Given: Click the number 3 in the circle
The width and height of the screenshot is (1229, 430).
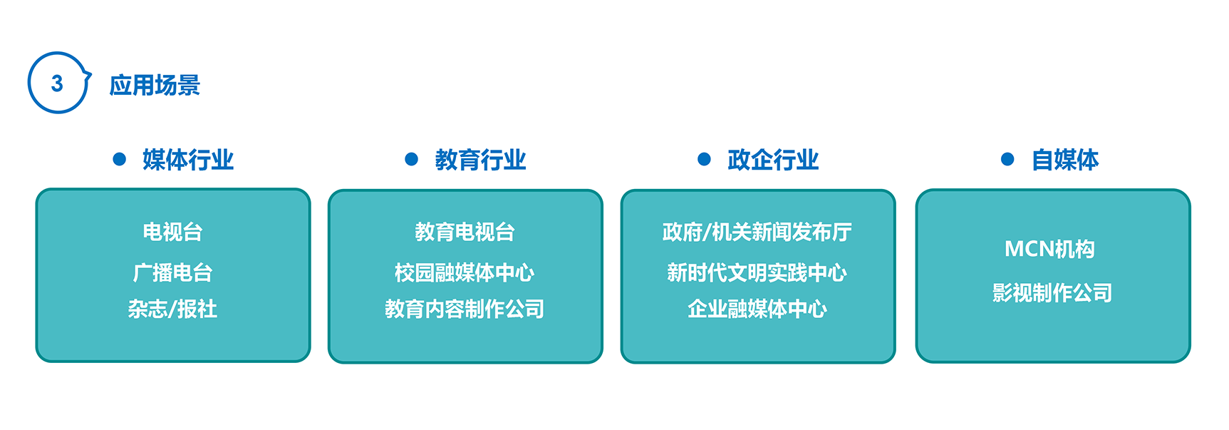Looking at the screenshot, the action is (58, 83).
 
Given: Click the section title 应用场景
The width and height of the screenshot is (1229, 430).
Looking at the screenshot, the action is (155, 85).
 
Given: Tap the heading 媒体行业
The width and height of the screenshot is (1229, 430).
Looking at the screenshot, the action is (188, 160).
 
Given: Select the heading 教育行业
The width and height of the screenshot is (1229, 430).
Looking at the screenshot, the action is (481, 160).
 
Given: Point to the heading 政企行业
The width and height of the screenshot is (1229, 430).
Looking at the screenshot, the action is (774, 160).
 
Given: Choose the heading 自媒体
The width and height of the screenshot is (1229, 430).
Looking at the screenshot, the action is (1066, 160).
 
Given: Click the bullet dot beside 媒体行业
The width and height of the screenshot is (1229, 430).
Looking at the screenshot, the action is (120, 159).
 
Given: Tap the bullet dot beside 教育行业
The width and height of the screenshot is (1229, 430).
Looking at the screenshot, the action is (412, 159).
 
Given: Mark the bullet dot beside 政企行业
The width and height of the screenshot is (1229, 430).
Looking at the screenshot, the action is (705, 159).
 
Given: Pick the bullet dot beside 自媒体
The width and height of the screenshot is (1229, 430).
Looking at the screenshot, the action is (1007, 159).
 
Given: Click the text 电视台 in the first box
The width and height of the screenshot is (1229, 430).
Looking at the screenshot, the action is (173, 232).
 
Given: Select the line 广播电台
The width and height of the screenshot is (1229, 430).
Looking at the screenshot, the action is (173, 272).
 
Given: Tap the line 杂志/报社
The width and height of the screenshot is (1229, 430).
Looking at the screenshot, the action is (173, 309).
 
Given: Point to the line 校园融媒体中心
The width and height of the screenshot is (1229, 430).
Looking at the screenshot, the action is (465, 272).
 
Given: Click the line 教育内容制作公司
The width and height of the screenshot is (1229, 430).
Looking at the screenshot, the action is (465, 309).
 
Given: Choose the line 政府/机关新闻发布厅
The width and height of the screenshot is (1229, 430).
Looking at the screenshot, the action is (757, 232).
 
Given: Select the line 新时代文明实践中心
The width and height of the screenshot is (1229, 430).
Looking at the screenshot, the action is (757, 272).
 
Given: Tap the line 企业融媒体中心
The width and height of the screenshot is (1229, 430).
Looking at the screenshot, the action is (757, 309).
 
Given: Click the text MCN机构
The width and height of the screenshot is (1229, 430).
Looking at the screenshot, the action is (1050, 249).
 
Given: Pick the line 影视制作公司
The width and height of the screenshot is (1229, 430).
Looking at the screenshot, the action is (1052, 292).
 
